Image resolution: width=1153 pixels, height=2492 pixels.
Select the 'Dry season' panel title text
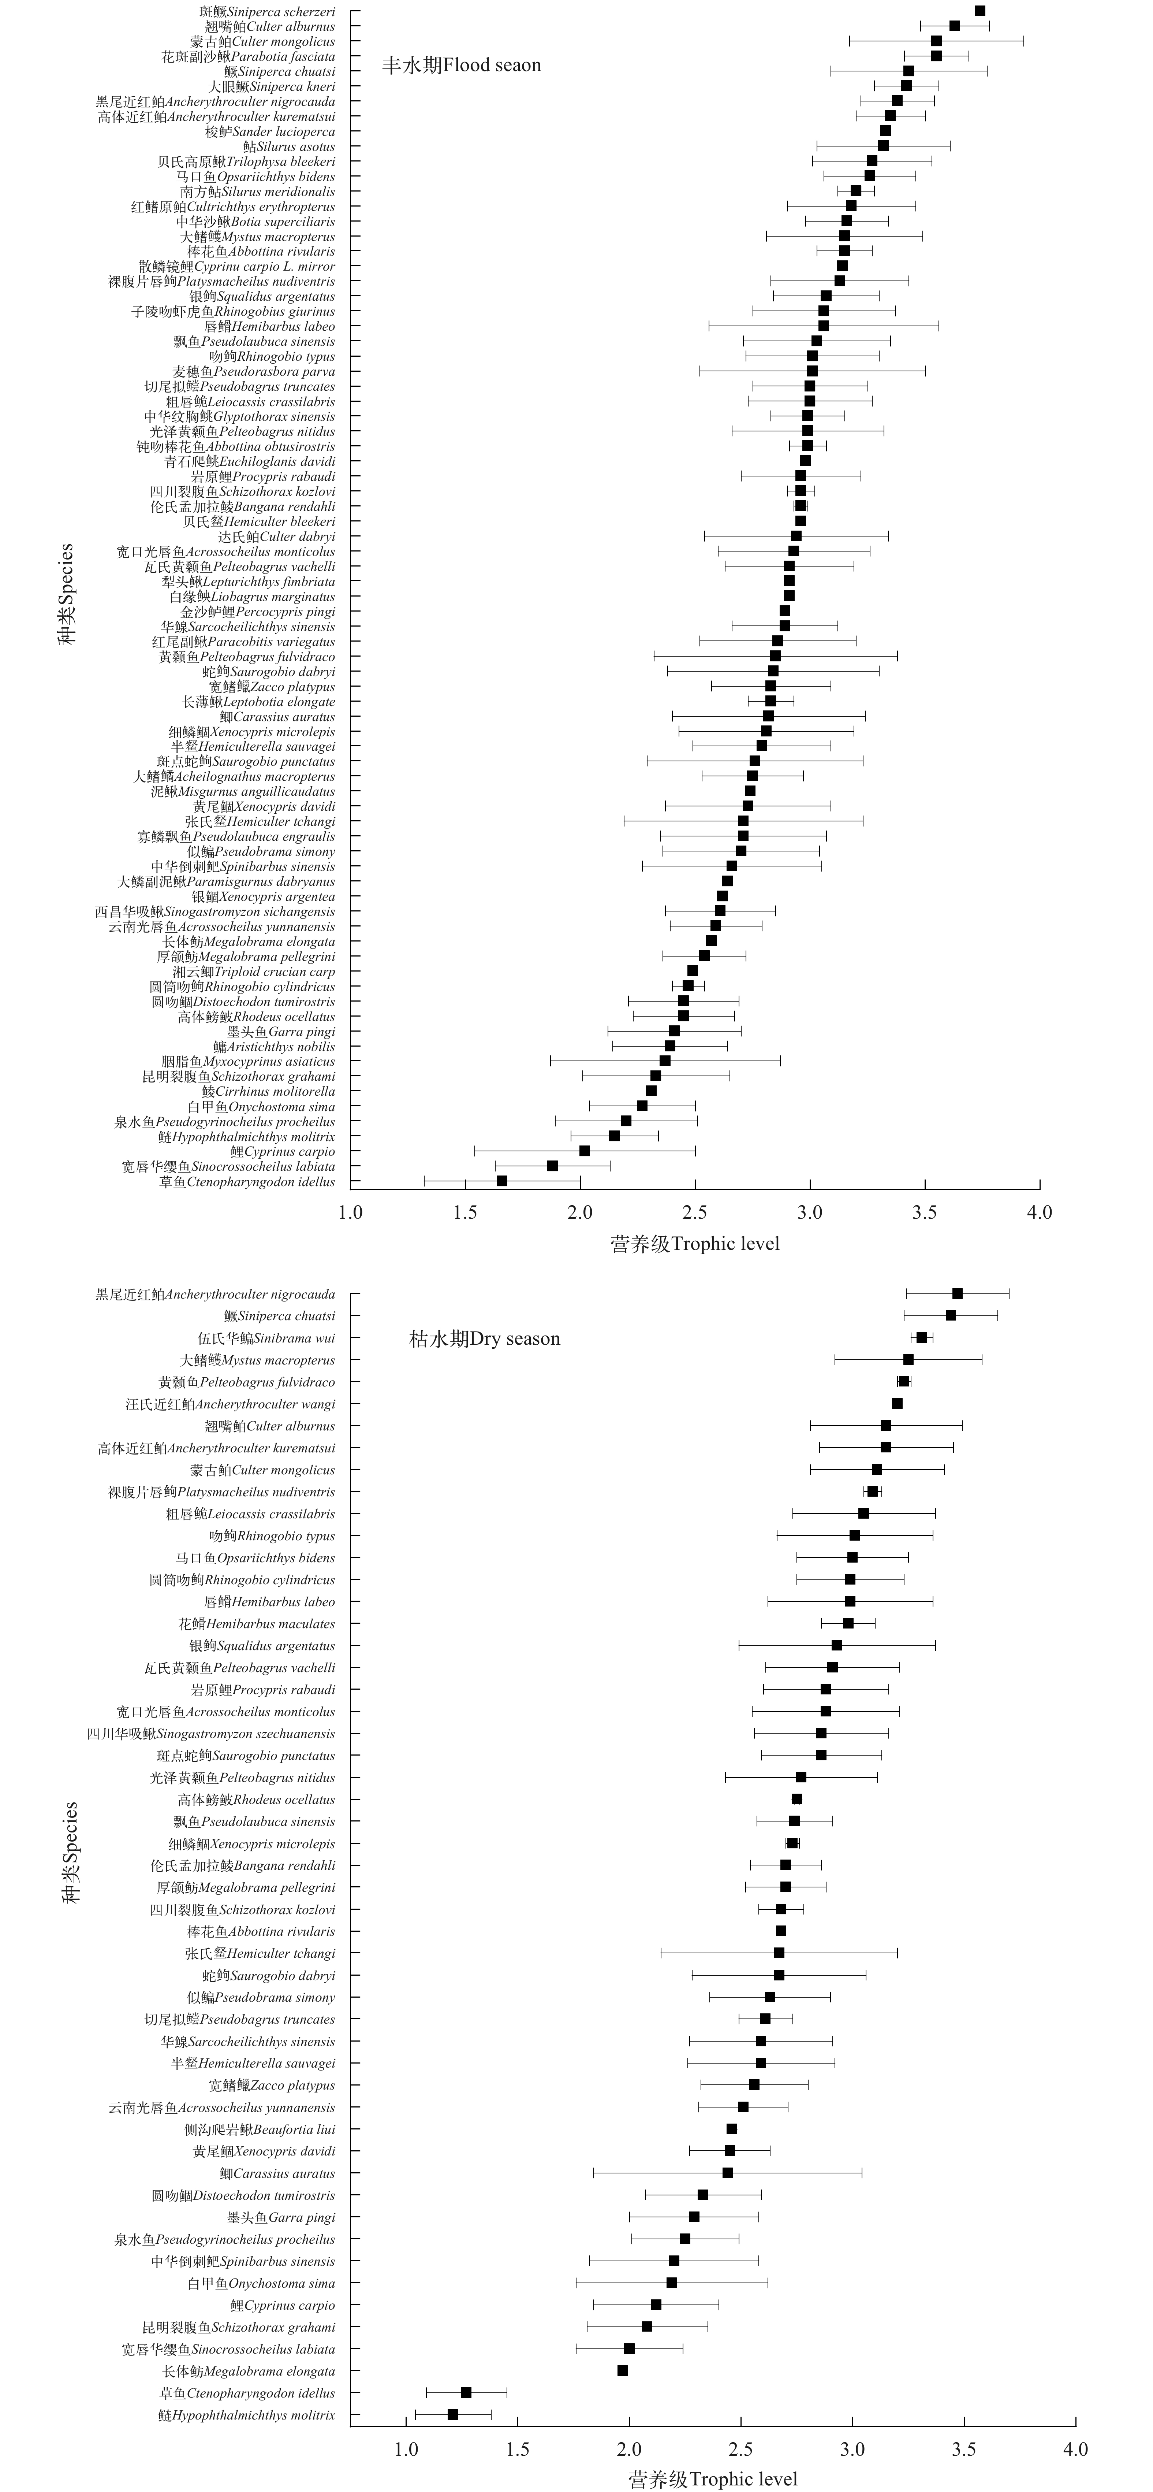pyautogui.click(x=485, y=1339)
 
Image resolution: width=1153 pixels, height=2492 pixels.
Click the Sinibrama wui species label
pyautogui.click(x=266, y=1338)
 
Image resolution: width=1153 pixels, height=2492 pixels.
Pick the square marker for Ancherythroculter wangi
pyautogui.click(x=897, y=1404)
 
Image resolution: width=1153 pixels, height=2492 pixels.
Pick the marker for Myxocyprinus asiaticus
pyautogui.click(x=664, y=1061)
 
